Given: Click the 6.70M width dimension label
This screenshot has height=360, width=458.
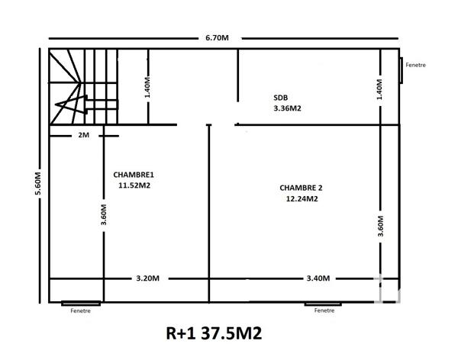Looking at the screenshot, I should pyautogui.click(x=217, y=37).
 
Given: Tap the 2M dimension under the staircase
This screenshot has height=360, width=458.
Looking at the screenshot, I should pyautogui.click(x=84, y=135).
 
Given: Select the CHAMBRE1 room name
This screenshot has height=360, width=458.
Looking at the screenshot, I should pyautogui.click(x=133, y=174).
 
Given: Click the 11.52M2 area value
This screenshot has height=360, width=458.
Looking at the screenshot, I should pyautogui.click(x=134, y=185).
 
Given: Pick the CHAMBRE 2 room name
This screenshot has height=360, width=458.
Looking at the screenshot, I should pyautogui.click(x=302, y=188).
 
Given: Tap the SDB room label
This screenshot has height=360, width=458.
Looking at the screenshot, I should pyautogui.click(x=281, y=98).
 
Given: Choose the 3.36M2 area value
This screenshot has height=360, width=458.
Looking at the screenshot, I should pyautogui.click(x=287, y=108).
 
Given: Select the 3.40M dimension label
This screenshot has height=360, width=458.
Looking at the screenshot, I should pyautogui.click(x=318, y=278).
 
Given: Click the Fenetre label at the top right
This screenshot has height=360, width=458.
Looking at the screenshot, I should pyautogui.click(x=416, y=65).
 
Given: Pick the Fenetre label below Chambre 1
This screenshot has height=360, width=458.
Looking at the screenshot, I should pyautogui.click(x=80, y=310).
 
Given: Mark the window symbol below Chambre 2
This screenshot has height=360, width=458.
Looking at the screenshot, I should pyautogui.click(x=323, y=303).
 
